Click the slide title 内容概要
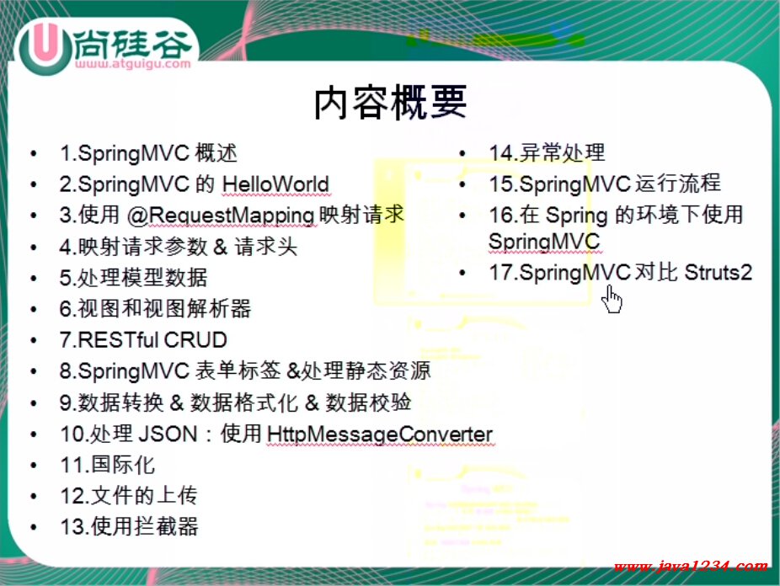pos(391,103)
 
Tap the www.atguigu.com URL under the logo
pos(133,64)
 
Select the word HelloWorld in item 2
pos(275,184)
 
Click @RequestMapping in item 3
pos(221,216)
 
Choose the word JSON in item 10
pos(168,434)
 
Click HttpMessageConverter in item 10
pos(380,434)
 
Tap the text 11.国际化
pos(108,466)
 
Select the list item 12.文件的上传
pos(128,496)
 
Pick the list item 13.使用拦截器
pos(129,527)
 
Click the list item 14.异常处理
pos(547,152)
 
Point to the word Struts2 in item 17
pos(718,273)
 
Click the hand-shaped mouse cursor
pos(612,299)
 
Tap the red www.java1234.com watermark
pos(691,566)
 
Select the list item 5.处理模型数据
pos(133,278)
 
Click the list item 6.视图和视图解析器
pos(155,309)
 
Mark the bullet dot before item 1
pos(34,153)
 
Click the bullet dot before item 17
pos(462,273)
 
